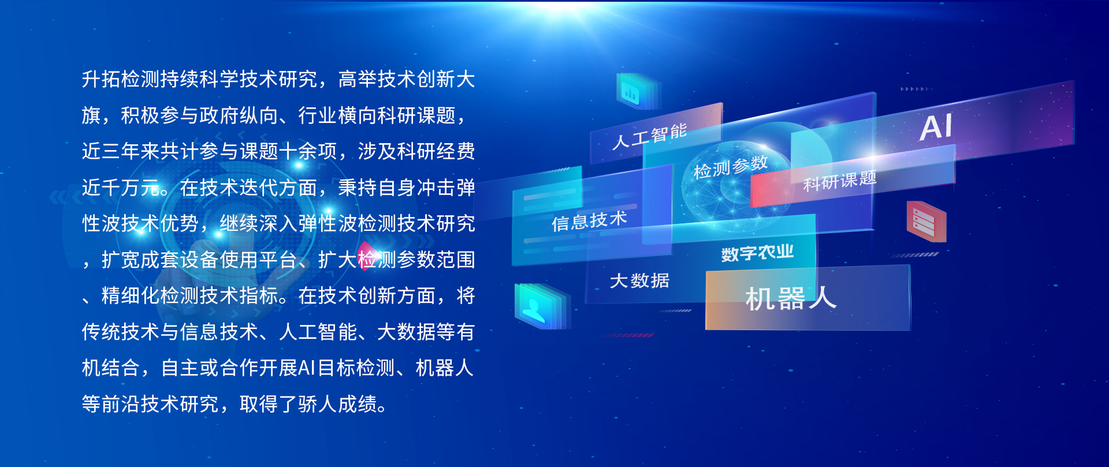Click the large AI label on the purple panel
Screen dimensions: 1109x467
936,127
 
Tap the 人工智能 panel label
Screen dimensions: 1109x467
650,136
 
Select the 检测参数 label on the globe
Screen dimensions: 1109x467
731,167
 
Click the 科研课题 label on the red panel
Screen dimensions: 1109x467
840,180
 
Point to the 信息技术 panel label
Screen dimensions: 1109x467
589,221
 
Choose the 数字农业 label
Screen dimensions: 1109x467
757,253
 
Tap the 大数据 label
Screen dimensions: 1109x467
639,281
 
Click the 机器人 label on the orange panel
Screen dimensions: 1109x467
791,298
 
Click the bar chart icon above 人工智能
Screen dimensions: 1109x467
635,91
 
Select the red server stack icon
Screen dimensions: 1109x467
926,221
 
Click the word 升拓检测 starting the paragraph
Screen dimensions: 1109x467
121,79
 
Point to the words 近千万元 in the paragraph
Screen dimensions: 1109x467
121,188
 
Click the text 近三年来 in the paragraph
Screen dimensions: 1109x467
121,151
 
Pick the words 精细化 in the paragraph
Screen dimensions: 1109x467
131,296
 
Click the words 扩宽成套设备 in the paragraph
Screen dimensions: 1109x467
160,260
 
